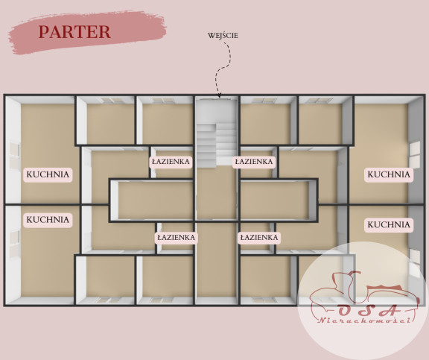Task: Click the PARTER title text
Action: pyautogui.click(x=74, y=32)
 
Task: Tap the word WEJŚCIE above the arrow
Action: pyautogui.click(x=223, y=35)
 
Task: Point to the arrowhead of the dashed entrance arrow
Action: pyautogui.click(x=219, y=95)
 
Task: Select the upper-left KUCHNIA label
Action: pyautogui.click(x=48, y=174)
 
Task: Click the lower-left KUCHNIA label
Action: pyautogui.click(x=48, y=220)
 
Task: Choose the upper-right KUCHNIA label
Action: pyautogui.click(x=389, y=174)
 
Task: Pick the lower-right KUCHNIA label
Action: pyautogui.click(x=389, y=225)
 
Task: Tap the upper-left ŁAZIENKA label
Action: pyautogui.click(x=171, y=162)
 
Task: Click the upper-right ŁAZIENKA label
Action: pyautogui.click(x=254, y=162)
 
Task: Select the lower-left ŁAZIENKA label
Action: pyautogui.click(x=177, y=237)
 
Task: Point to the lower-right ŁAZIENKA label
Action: pyautogui.click(x=259, y=237)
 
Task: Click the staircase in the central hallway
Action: pyautogui.click(x=217, y=144)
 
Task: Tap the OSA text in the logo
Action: pyautogui.click(x=367, y=310)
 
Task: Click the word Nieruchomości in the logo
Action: pyautogui.click(x=364, y=320)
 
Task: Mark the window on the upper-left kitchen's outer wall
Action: pyautogui.click(x=15, y=156)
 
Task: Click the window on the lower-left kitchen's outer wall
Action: pyautogui.click(x=15, y=244)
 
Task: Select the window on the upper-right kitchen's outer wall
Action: pyautogui.click(x=415, y=155)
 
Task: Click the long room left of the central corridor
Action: pyautogui.click(x=155, y=200)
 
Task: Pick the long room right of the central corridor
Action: pyautogui.click(x=275, y=200)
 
